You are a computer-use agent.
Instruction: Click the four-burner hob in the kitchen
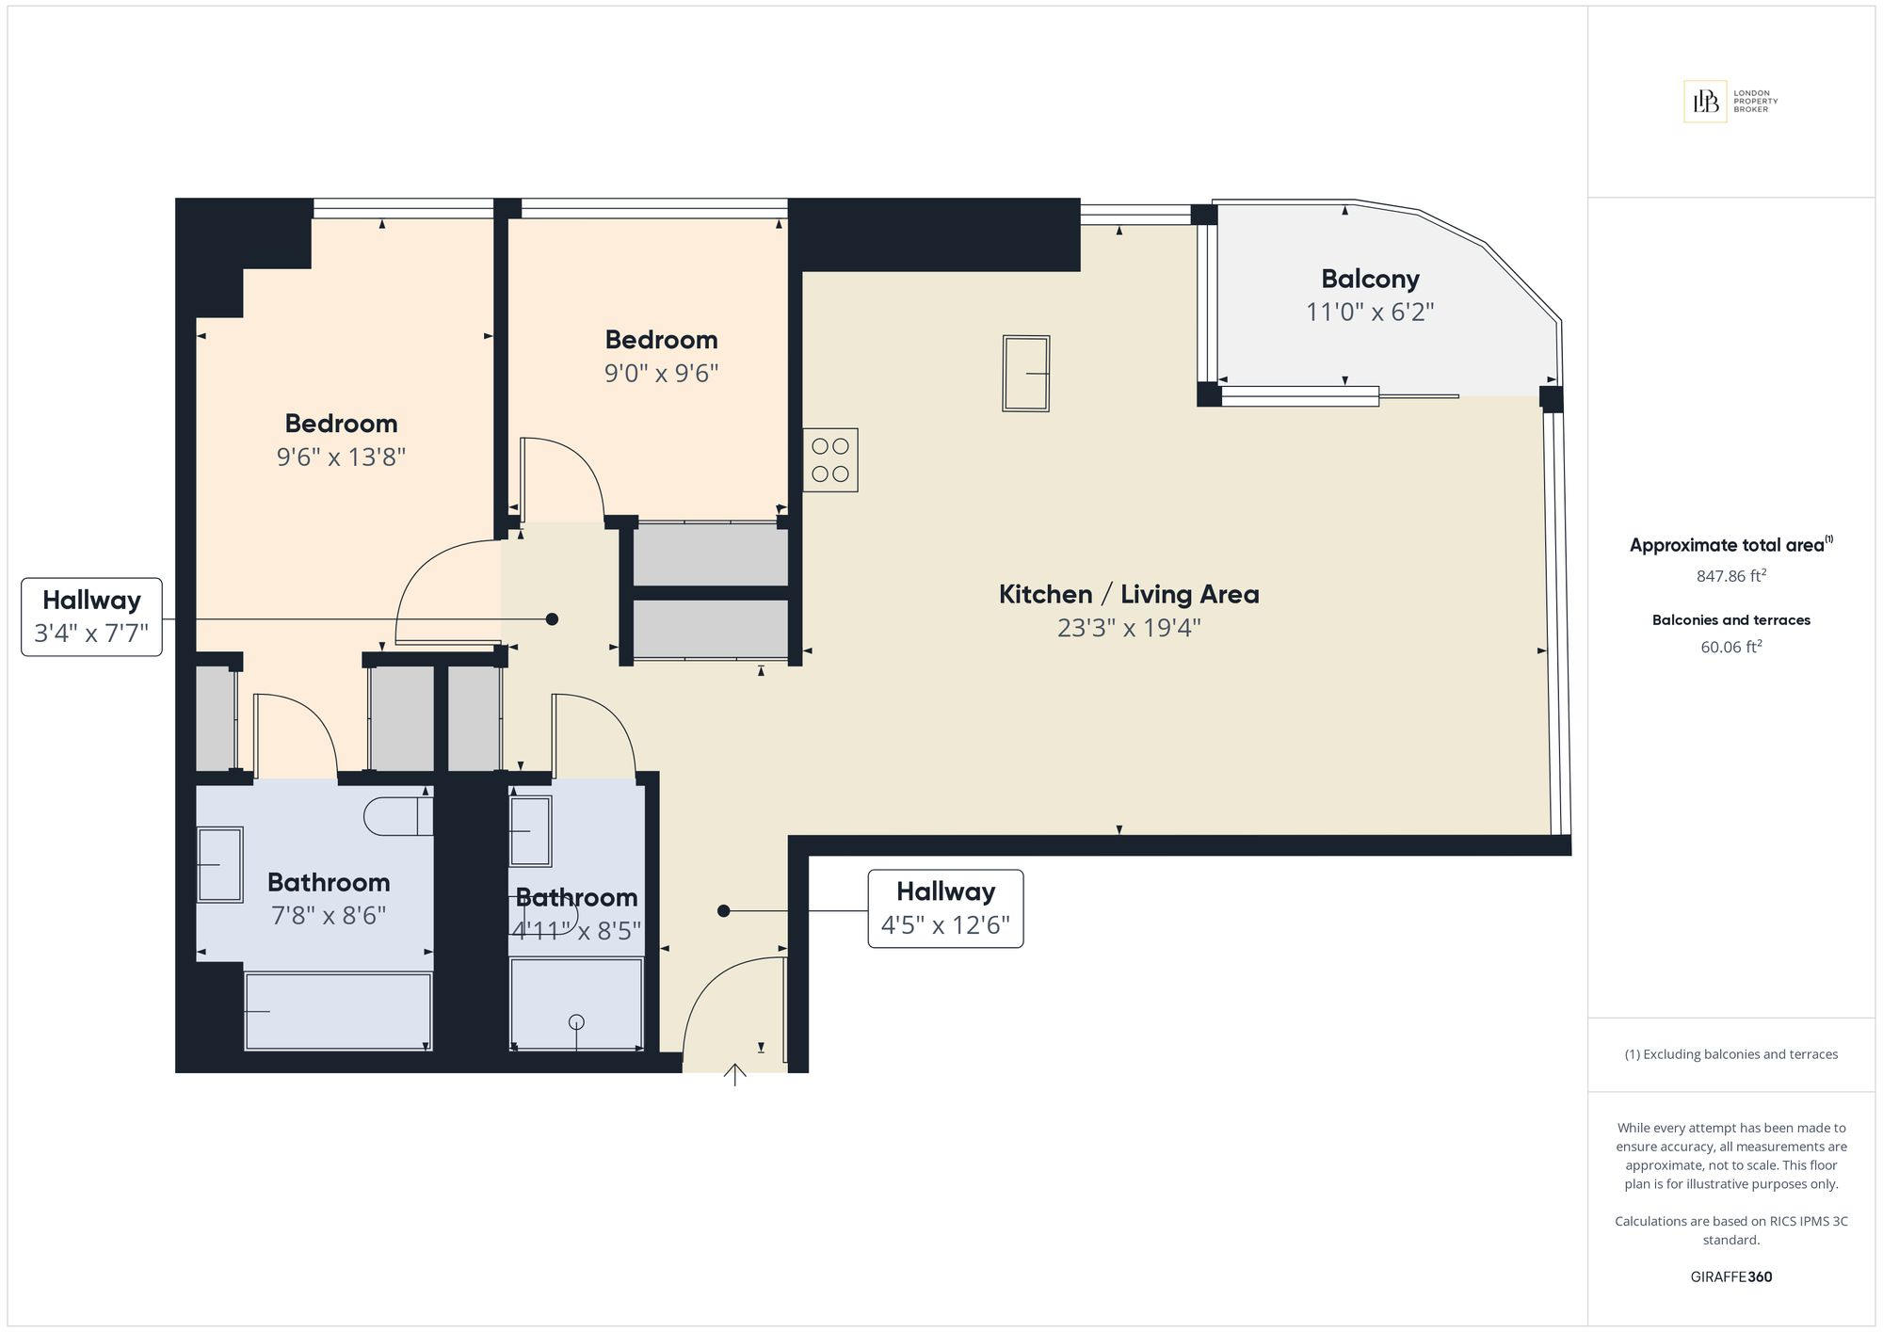(830, 460)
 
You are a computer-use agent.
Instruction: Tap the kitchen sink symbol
(1025, 374)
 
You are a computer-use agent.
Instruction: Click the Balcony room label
(1370, 279)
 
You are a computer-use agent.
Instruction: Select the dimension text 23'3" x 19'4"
(1129, 628)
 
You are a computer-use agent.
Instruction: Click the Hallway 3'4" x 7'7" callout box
(91, 617)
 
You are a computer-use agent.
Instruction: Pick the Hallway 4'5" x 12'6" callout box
(945, 908)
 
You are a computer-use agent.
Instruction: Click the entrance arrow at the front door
(734, 1074)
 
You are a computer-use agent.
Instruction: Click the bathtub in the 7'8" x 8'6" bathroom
(338, 1011)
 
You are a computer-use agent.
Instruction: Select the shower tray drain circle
(577, 1022)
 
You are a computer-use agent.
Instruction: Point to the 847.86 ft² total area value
(1731, 576)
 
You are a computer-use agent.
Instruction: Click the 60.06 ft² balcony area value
(1731, 648)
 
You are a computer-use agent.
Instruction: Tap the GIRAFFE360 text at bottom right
(1731, 1277)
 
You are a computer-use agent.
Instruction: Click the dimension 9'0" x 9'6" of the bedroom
(661, 374)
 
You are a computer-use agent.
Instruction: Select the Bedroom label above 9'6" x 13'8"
(341, 424)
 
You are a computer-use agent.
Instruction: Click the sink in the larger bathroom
(219, 864)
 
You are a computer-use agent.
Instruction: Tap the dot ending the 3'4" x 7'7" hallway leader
(553, 619)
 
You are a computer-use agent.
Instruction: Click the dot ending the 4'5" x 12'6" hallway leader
(723, 911)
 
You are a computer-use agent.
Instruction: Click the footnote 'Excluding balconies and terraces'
(1731, 1054)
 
